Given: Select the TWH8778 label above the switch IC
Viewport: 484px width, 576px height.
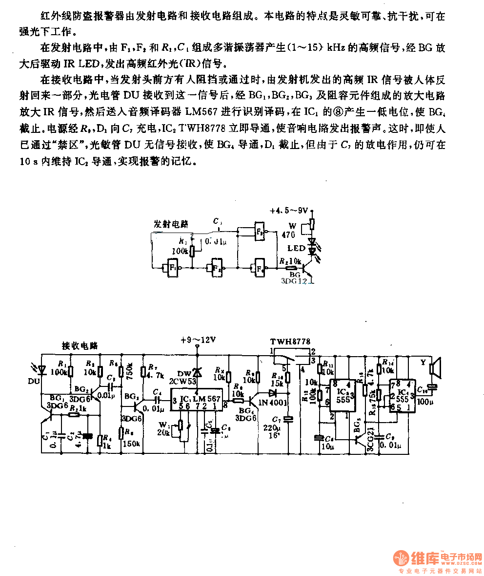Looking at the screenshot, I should coord(290,341).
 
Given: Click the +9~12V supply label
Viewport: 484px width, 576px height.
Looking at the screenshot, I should coord(198,339).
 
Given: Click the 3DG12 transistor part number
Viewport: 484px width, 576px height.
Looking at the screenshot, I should coord(295,281).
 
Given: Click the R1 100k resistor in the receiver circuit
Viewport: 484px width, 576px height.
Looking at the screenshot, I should coord(71,371).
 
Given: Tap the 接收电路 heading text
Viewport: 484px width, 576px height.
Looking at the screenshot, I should coord(80,345).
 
